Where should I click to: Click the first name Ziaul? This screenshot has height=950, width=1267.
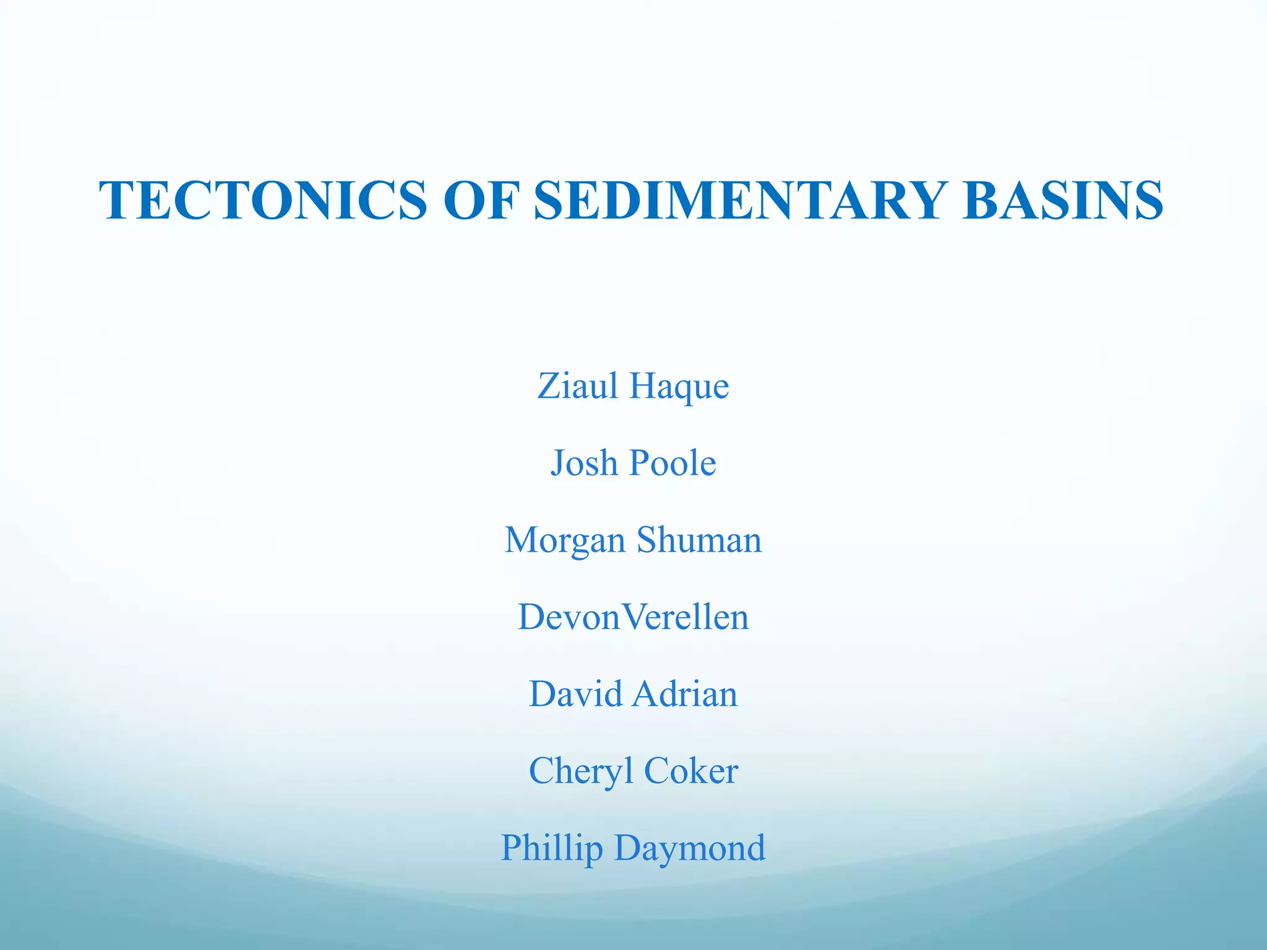(x=578, y=386)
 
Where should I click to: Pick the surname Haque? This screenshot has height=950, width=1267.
(x=679, y=387)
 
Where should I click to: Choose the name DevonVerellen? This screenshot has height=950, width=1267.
(x=633, y=617)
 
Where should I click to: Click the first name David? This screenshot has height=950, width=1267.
(x=575, y=693)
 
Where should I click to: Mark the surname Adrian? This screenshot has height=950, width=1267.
(x=684, y=693)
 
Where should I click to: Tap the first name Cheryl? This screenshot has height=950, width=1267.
(x=581, y=772)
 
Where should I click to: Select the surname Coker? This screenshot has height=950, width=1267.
(x=690, y=771)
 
